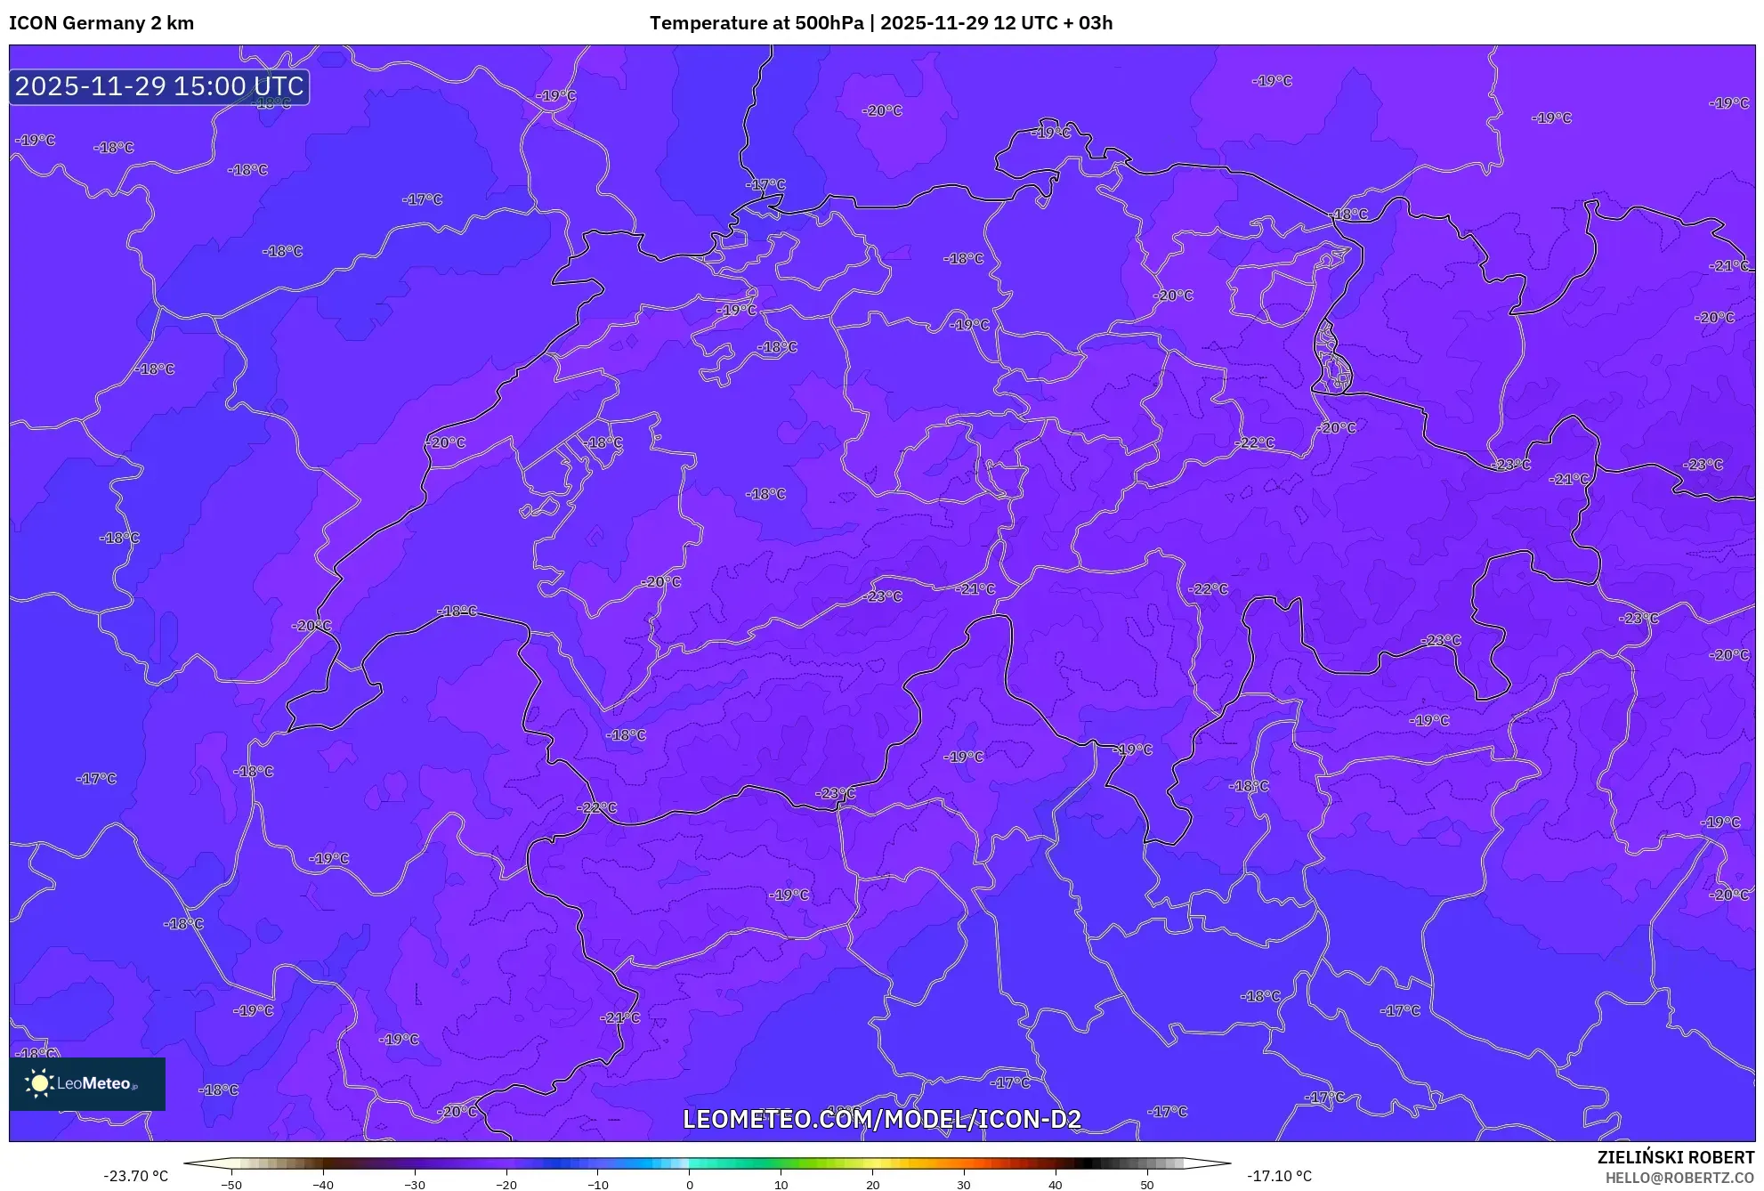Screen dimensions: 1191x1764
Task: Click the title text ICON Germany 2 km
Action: click(101, 23)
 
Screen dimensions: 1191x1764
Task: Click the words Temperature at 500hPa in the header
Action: click(756, 23)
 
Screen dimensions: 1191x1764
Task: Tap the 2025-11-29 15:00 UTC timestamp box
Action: click(159, 86)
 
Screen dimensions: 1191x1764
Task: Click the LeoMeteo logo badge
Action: click(87, 1083)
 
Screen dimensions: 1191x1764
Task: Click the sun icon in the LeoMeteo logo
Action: click(39, 1083)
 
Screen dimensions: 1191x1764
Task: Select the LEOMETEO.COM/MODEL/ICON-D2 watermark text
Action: click(882, 1119)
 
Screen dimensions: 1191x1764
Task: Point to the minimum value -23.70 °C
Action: click(135, 1176)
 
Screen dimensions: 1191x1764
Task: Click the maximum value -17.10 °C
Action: click(1279, 1176)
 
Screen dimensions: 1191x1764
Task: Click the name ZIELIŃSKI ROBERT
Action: click(1675, 1157)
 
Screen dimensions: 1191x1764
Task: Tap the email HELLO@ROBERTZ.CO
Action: click(1679, 1178)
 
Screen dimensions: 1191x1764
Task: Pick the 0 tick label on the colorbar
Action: click(690, 1185)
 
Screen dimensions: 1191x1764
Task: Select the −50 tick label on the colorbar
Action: click(231, 1185)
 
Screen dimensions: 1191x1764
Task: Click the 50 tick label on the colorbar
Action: click(1147, 1185)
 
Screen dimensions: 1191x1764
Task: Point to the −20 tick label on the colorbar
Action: click(506, 1185)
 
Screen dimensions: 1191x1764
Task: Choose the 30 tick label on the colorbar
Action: click(964, 1185)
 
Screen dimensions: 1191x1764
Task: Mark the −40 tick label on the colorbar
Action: click(323, 1185)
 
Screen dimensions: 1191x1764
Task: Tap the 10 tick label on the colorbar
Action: click(781, 1185)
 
